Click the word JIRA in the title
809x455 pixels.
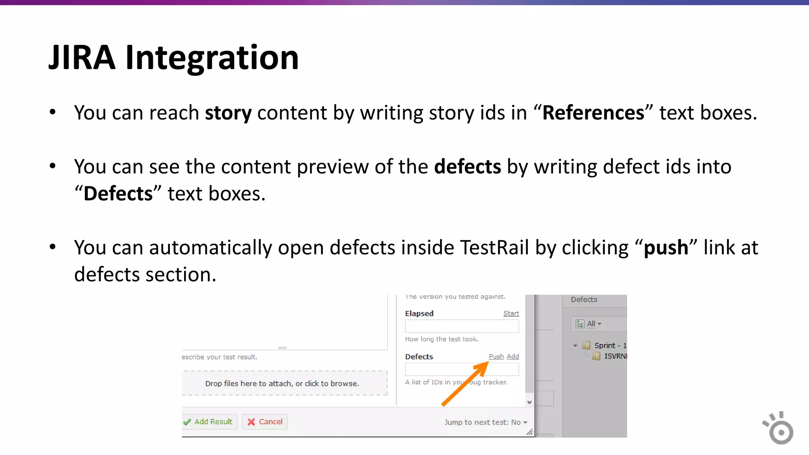point(82,58)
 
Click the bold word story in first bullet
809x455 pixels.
point(228,113)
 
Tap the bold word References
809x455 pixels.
point(593,113)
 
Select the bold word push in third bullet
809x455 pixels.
point(666,248)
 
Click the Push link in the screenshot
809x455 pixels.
point(496,357)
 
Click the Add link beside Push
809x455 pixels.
point(513,357)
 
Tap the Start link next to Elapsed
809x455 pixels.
point(511,314)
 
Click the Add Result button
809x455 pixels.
point(210,422)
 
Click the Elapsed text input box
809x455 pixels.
point(461,326)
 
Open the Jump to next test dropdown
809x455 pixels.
point(485,422)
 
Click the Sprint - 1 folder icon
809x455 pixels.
point(586,346)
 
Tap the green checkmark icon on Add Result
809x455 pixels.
point(187,422)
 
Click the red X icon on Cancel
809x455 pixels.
point(251,422)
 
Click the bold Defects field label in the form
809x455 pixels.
point(419,357)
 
